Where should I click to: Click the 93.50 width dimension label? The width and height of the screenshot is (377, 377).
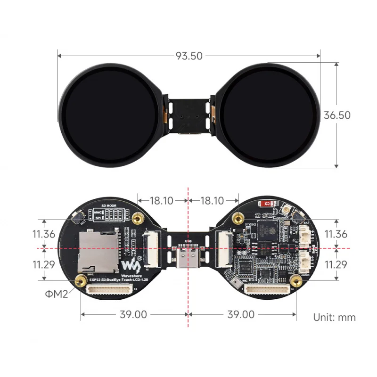click(x=189, y=56)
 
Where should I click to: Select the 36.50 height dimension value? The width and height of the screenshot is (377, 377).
click(x=337, y=115)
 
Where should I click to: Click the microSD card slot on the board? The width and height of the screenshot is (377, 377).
click(x=100, y=250)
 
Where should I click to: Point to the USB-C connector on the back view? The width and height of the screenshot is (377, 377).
click(x=188, y=258)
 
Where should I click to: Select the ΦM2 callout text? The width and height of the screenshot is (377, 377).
click(x=57, y=294)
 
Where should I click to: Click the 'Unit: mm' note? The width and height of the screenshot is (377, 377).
click(x=335, y=317)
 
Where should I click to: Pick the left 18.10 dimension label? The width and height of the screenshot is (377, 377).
click(x=161, y=200)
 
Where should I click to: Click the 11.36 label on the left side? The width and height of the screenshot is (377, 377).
click(x=44, y=234)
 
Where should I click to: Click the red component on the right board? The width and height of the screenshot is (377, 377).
click(x=266, y=204)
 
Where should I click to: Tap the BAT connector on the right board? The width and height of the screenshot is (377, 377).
click(x=305, y=234)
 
